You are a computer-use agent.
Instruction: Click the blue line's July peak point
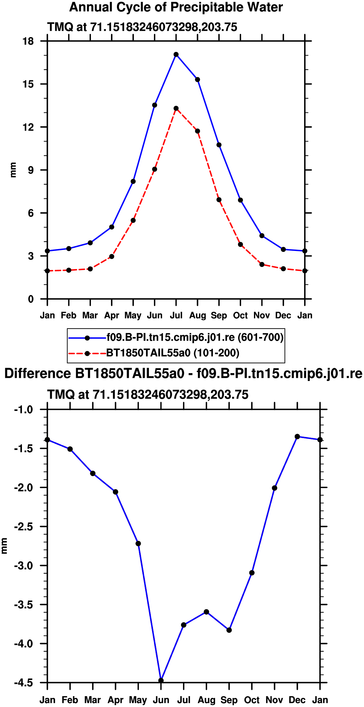point(176,54)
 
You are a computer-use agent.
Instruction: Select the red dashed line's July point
point(176,108)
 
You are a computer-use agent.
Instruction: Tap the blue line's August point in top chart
point(198,79)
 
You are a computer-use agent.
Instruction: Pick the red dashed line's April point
point(112,257)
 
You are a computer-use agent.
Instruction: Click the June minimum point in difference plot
point(161,681)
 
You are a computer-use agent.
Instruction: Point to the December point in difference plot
point(297,437)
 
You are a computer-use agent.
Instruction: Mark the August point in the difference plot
point(206,612)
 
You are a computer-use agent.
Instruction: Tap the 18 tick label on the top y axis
point(28,41)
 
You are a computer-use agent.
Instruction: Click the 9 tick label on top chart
point(31,170)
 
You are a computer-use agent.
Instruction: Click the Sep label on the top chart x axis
point(219,315)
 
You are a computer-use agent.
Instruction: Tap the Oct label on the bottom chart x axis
point(252,700)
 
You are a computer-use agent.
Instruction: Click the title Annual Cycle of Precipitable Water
point(176,7)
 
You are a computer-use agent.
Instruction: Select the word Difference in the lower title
point(38,374)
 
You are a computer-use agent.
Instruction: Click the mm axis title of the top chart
point(13,170)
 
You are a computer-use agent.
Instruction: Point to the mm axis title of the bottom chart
point(4,546)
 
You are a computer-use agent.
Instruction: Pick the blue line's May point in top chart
point(133,181)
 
